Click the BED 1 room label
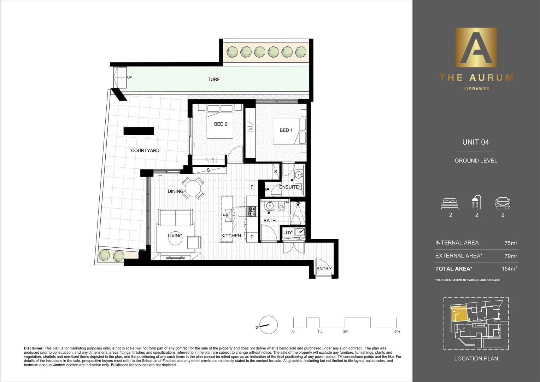click(x=286, y=130)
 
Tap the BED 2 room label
click(x=221, y=124)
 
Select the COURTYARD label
click(x=145, y=150)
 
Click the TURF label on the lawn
click(x=213, y=80)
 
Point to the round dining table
click(x=193, y=188)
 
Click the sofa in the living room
click(x=176, y=217)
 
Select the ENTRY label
click(x=324, y=269)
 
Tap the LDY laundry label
click(x=288, y=232)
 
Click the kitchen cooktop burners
click(x=252, y=212)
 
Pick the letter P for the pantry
click(x=252, y=237)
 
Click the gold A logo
click(x=476, y=48)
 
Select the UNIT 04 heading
click(x=475, y=142)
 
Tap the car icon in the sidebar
click(x=503, y=203)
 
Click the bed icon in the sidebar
click(x=450, y=203)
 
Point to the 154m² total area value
click(x=509, y=269)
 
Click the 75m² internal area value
click(x=511, y=243)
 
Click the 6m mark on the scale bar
click(x=397, y=331)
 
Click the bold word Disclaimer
click(x=34, y=348)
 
